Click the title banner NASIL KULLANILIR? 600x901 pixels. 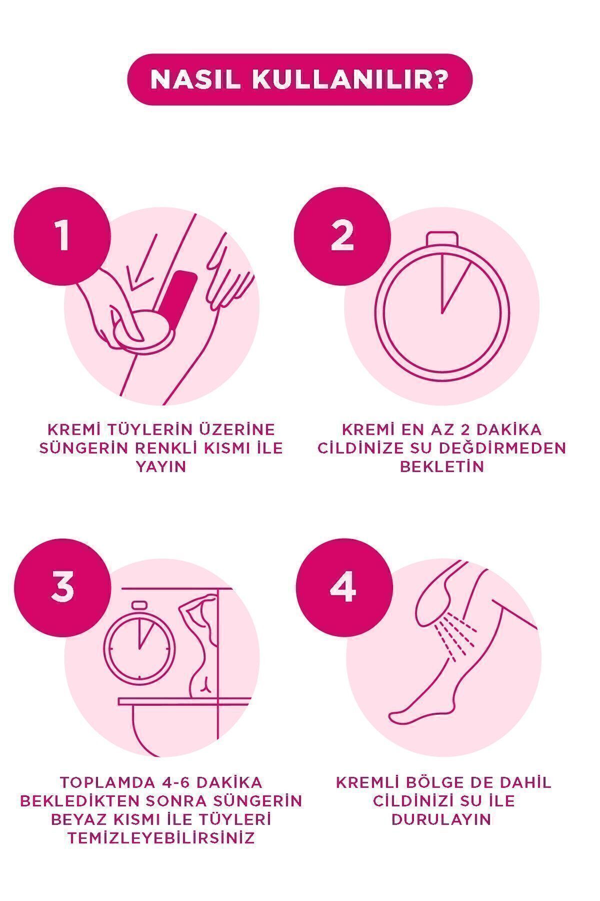click(299, 79)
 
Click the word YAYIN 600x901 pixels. click(160, 467)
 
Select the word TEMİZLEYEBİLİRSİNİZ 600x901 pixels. click(160, 838)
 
